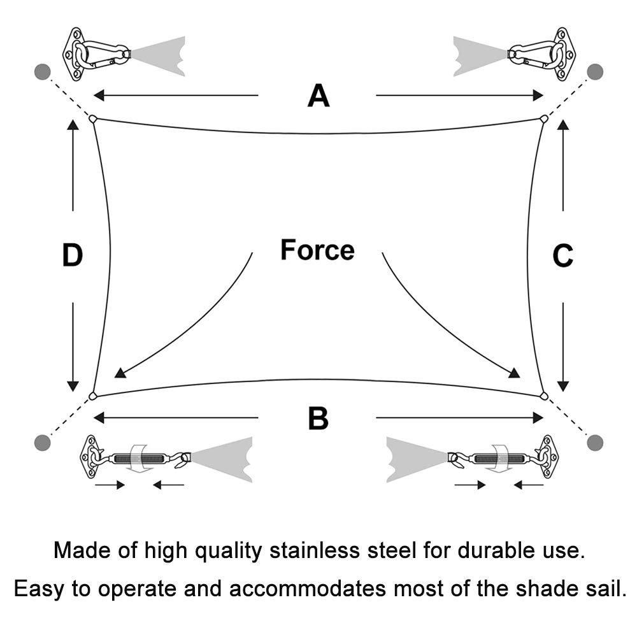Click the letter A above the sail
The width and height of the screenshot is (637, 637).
(x=318, y=96)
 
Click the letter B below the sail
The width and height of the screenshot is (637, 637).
(x=318, y=419)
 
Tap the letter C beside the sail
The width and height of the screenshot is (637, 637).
(x=562, y=255)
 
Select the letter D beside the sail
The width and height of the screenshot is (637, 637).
(x=73, y=255)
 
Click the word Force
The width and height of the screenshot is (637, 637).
(x=317, y=250)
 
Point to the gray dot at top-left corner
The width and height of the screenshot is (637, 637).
(x=43, y=72)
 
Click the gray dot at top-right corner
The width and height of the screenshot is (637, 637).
(x=595, y=72)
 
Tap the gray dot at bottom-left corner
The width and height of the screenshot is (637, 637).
(x=43, y=443)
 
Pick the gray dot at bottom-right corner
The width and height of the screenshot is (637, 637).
(x=595, y=443)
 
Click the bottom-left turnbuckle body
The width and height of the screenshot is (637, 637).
(x=139, y=459)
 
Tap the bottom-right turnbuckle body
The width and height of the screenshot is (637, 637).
(x=499, y=459)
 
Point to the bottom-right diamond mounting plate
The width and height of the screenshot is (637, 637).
(x=547, y=457)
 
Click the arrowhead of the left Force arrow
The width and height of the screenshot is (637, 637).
(x=120, y=373)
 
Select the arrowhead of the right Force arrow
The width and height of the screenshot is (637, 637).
(x=515, y=373)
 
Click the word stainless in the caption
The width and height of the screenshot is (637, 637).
(x=315, y=551)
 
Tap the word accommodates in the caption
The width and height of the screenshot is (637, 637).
(x=307, y=589)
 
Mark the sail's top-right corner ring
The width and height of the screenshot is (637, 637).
(x=544, y=118)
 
